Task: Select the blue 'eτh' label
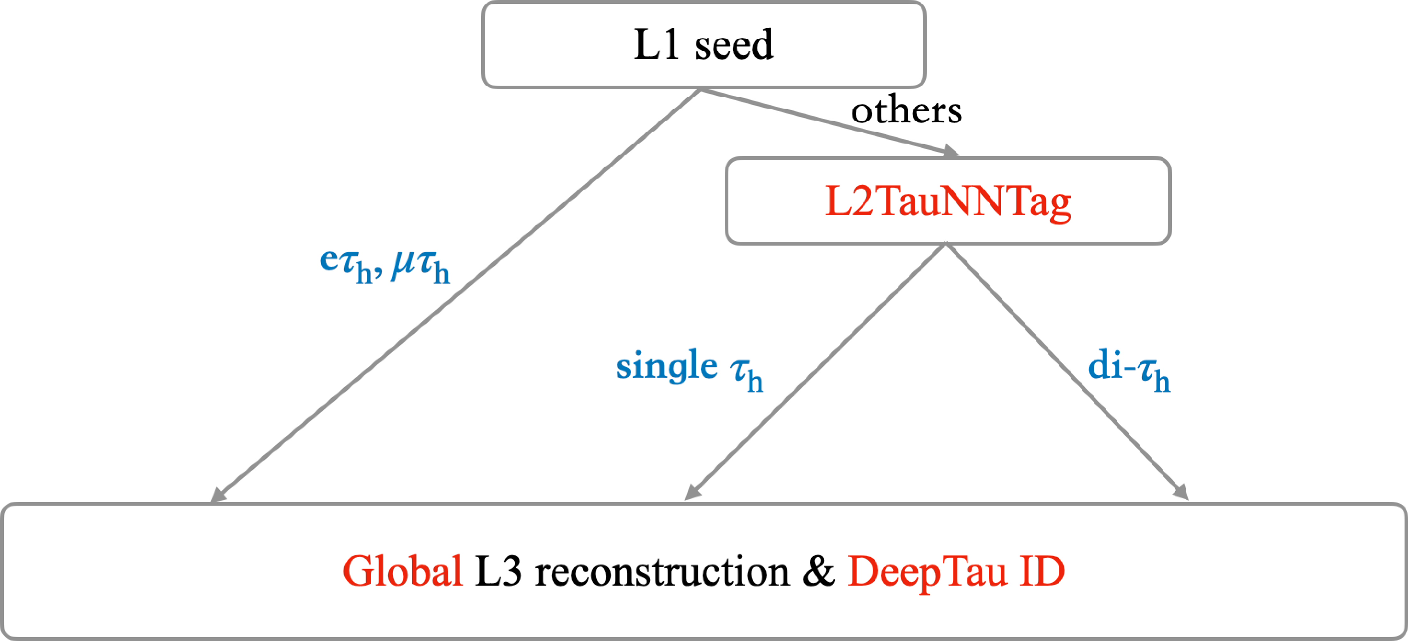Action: (x=345, y=264)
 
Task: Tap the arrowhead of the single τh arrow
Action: (x=692, y=493)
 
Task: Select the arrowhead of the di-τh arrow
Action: (x=1182, y=493)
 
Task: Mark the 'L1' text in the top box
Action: (x=656, y=45)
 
